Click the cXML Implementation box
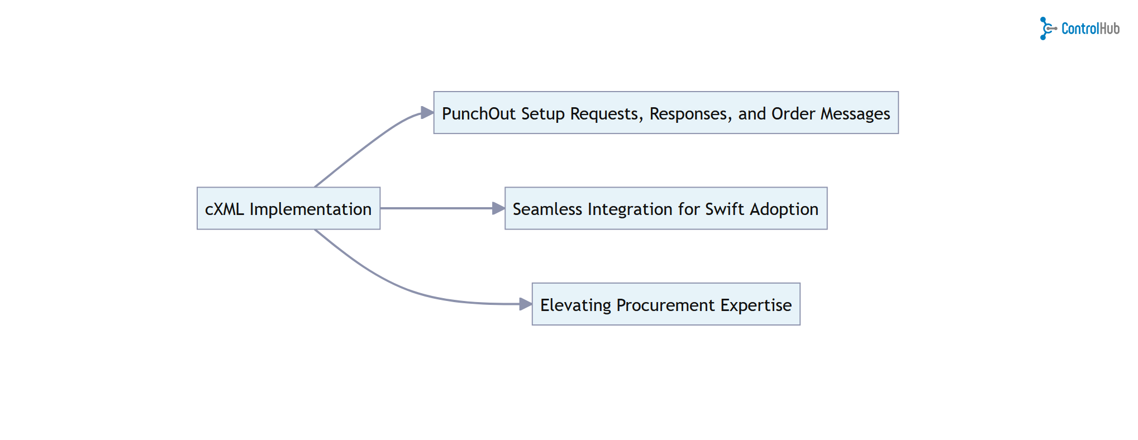click(288, 208)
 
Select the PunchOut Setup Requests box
click(665, 113)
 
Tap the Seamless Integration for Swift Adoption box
click(665, 208)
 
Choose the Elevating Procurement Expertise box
click(665, 304)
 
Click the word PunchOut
click(478, 114)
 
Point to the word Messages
click(855, 114)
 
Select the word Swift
click(725, 209)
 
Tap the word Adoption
click(784, 209)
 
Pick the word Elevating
click(575, 305)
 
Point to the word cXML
click(224, 209)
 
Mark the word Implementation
click(310, 209)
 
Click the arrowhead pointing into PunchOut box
click(427, 113)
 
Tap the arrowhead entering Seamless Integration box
click(498, 208)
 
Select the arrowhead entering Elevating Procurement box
click(525, 304)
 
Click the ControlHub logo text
click(1090, 28)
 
